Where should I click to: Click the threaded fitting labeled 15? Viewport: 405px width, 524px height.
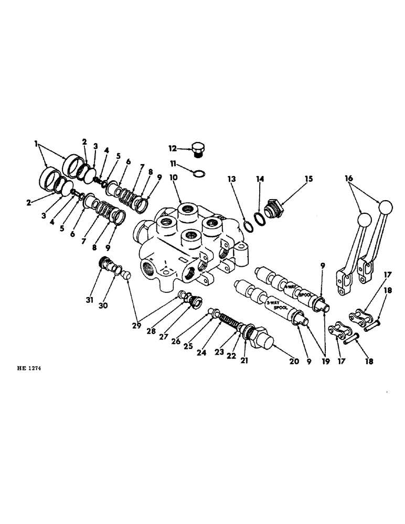click(273, 209)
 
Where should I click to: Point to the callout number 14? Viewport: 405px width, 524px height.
click(259, 179)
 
